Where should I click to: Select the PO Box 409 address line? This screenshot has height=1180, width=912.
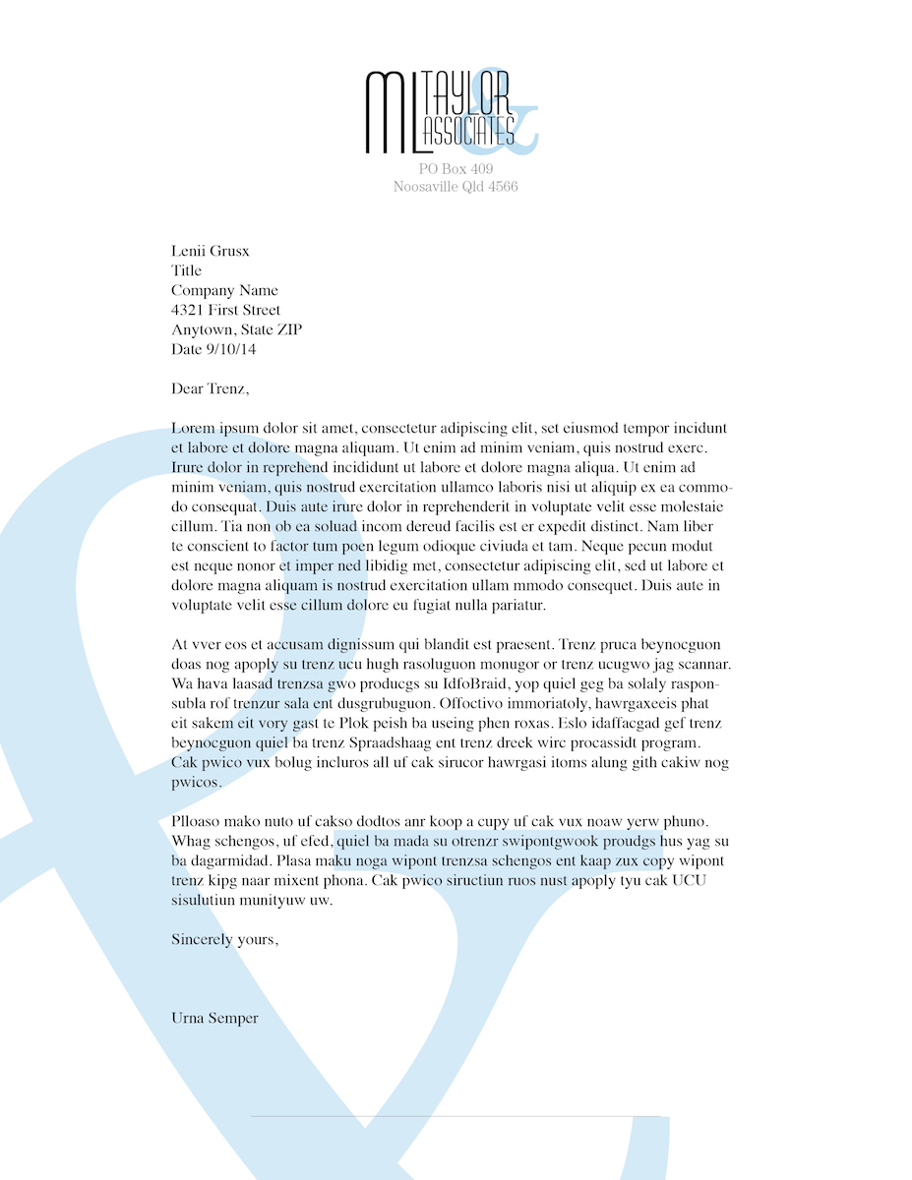point(456,170)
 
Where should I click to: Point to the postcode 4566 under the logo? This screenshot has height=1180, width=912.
point(503,187)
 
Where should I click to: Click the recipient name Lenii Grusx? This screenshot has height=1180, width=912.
point(211,252)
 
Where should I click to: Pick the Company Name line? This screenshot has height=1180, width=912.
point(224,291)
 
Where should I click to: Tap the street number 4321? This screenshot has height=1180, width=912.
point(189,311)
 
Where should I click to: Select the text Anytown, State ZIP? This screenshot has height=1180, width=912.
point(236,330)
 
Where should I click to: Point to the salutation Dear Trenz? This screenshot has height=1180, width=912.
point(211,389)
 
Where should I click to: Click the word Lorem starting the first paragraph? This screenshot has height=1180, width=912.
point(192,429)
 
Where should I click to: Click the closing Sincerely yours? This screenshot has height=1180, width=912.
point(224,940)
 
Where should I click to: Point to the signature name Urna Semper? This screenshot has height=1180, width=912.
point(214,1019)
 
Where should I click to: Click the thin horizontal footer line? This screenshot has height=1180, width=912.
point(456,1117)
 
